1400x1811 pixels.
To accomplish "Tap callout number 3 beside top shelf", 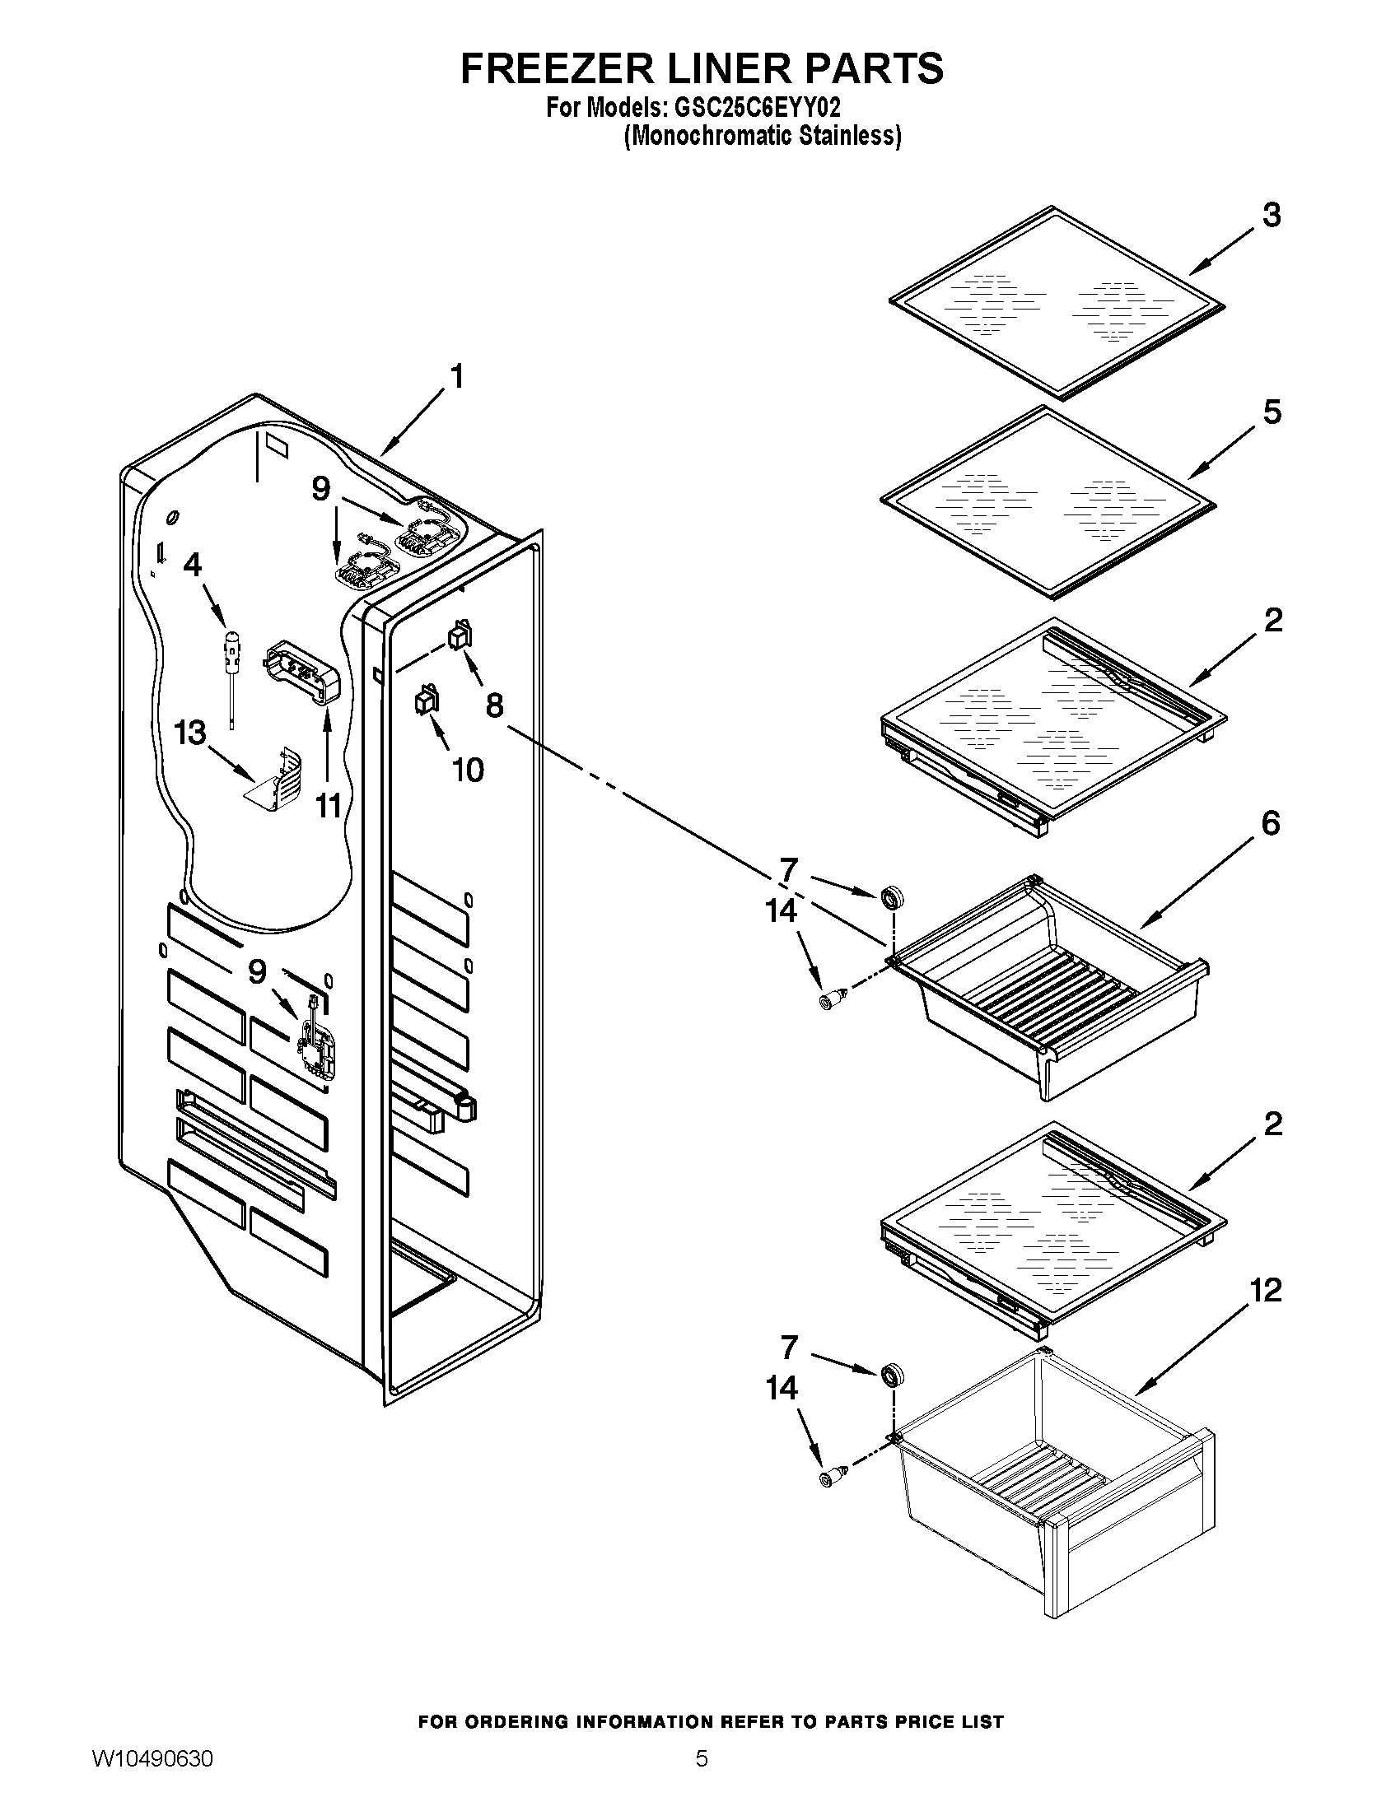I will coord(1271,216).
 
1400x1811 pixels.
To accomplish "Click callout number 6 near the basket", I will coord(1270,823).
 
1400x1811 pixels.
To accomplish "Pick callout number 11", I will coord(329,805).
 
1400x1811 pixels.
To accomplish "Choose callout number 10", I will coord(468,770).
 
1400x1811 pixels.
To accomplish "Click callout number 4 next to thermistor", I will coord(192,565).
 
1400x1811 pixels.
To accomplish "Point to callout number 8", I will coord(494,705).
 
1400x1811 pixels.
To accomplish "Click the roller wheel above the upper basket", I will coord(893,897).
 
